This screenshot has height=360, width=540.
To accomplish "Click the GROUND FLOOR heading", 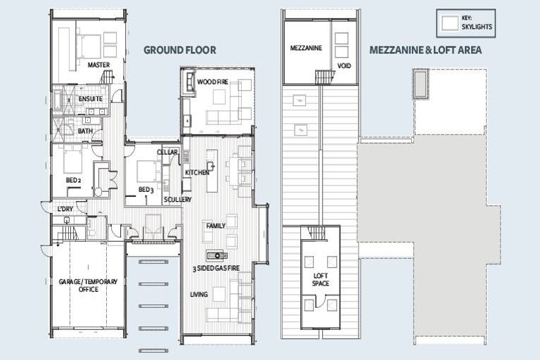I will pos(179,50).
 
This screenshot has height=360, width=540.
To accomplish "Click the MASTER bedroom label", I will pos(99,65).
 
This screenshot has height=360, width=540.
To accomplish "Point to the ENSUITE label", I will pos(90,98).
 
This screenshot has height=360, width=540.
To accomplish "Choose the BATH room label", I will pos(85,131).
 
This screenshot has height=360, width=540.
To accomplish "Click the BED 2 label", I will pos(74,180).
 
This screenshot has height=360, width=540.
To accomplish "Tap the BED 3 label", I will pos(146,190).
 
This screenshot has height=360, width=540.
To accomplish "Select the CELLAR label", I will pos(167,152).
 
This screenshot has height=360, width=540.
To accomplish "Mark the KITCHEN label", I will pos(197,172).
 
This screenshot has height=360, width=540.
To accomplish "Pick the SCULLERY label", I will pos(177,200).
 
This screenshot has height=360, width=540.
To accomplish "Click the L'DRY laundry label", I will pos(67,209).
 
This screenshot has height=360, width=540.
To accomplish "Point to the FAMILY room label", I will pos(214,226).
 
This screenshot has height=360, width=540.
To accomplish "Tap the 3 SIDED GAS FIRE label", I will pos(217,269).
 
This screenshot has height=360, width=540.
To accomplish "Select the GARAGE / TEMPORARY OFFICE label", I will pos(88,285).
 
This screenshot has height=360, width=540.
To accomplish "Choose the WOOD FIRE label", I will pos(212,82).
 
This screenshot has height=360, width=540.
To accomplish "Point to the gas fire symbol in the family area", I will pos(217,255).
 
